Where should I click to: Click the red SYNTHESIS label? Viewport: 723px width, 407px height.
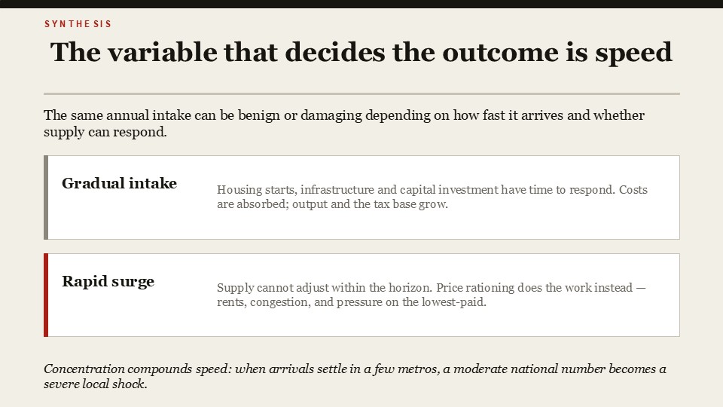click(78, 24)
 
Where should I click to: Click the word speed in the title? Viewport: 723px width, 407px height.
click(633, 53)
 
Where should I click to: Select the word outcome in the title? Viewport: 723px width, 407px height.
click(500, 52)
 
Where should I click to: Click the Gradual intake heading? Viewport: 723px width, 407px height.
click(119, 183)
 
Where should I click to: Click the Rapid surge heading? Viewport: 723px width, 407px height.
click(108, 281)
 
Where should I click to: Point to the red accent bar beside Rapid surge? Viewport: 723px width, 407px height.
click(46, 295)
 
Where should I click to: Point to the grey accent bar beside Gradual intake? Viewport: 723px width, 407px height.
click(46, 197)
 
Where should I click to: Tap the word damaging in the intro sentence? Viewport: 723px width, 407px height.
click(331, 115)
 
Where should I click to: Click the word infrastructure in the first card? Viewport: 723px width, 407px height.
click(337, 190)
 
